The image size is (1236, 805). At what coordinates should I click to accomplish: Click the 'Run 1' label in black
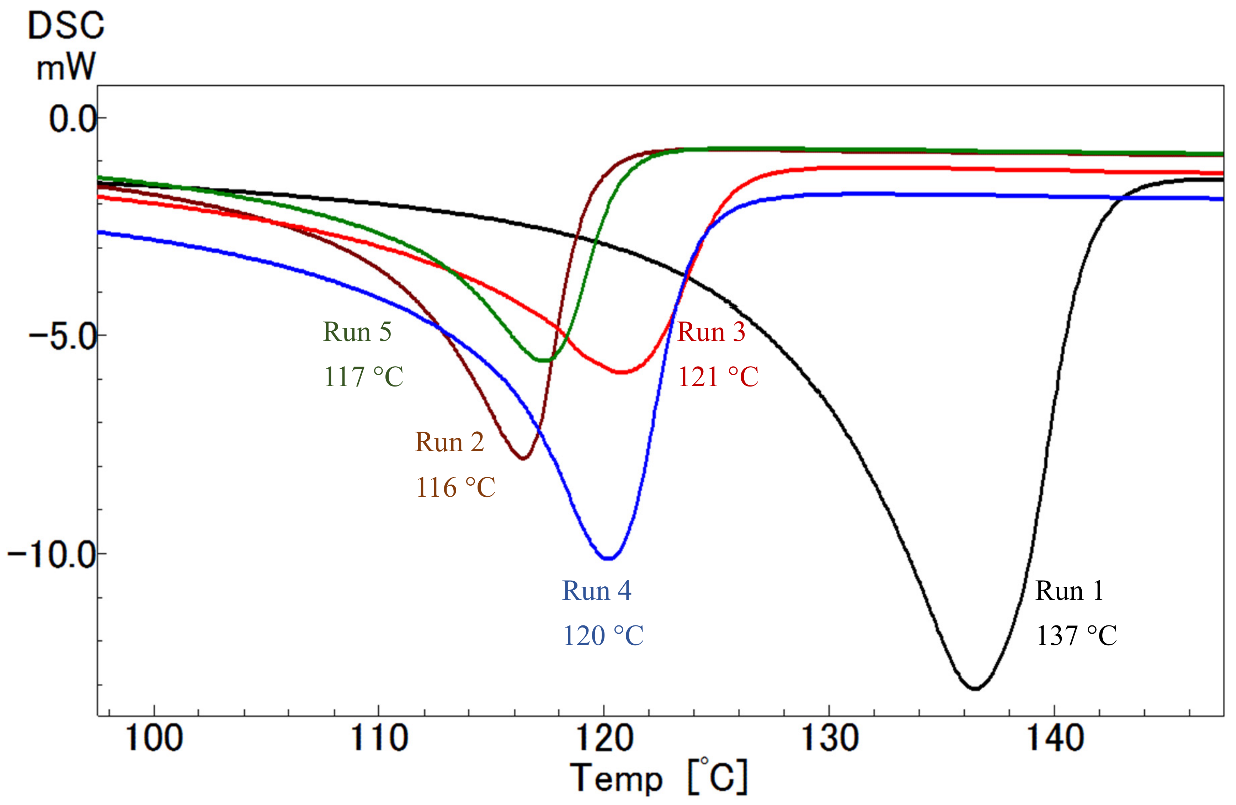[1069, 591]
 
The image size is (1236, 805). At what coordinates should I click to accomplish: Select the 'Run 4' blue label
[597, 591]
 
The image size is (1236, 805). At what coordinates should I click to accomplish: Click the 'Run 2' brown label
[449, 442]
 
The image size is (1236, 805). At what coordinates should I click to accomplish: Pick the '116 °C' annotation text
[455, 487]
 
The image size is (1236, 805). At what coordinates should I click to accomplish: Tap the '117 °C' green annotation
[363, 377]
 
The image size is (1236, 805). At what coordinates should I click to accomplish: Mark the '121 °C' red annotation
[718, 377]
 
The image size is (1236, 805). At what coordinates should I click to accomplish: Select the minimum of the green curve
[543, 360]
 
